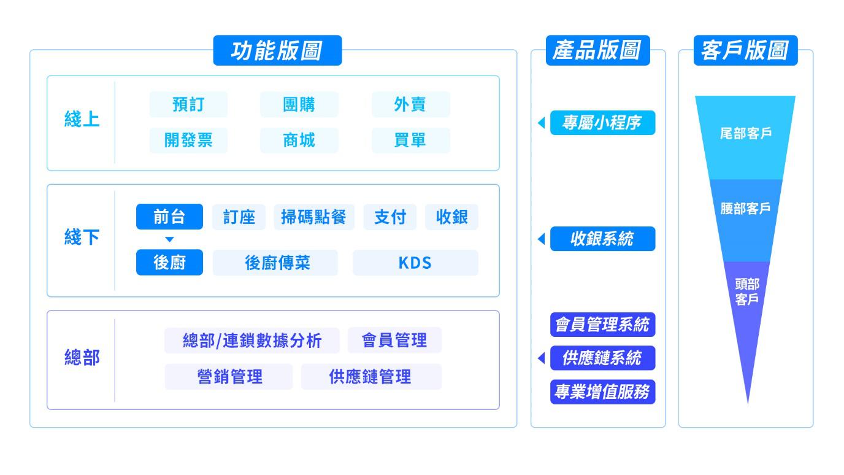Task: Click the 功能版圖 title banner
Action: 277,51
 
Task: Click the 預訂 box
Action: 188,104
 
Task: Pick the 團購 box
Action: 299,104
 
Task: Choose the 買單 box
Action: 410,141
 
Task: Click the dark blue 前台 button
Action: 169,217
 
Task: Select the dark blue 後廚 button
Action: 169,263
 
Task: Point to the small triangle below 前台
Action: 170,239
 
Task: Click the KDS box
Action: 415,263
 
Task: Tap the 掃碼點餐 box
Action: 314,217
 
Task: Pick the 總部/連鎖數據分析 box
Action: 251,341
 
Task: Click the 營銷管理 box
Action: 228,377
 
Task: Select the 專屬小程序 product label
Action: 602,123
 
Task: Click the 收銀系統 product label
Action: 602,240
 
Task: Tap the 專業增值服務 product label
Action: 602,393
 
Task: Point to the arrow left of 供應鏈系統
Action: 540,358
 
